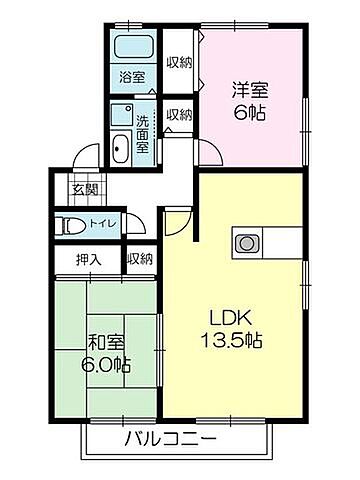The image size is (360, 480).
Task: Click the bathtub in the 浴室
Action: coord(132,48)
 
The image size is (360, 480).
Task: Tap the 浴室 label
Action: coord(132,76)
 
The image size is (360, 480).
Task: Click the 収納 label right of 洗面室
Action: coord(179,115)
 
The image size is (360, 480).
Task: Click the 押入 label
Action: coord(89,259)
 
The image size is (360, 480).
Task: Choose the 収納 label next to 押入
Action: coord(140,259)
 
